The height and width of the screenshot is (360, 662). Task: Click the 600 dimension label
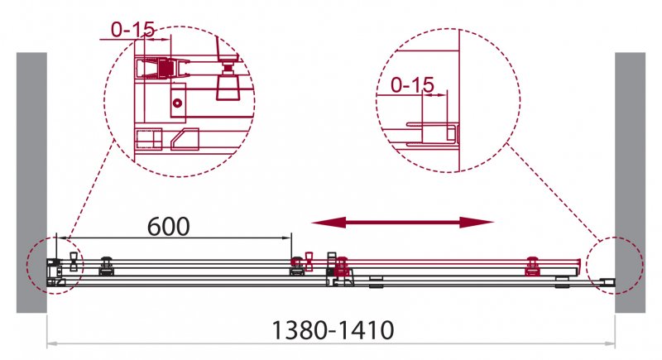coord(169,227)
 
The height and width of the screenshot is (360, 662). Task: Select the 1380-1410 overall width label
coord(333,330)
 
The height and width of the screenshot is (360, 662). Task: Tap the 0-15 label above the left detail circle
coord(133,29)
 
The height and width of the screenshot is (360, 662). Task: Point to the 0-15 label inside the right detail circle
coord(412,85)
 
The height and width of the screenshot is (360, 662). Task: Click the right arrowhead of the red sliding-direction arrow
coord(477,222)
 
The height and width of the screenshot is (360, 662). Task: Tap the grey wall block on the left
coord(31,182)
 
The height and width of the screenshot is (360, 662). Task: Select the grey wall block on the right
coord(630,182)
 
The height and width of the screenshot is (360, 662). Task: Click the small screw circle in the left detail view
coord(177,103)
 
